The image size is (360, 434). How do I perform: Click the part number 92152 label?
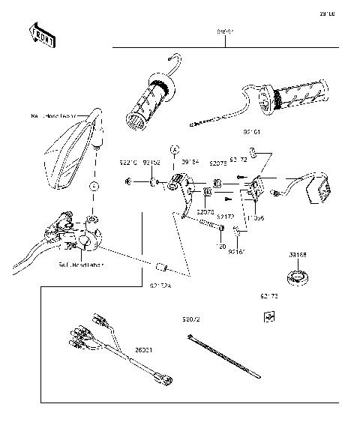pyautogui.click(x=153, y=162)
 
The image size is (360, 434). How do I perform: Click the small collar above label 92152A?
pyautogui.click(x=159, y=266)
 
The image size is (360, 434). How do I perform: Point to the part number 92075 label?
pyautogui.click(x=217, y=162)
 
